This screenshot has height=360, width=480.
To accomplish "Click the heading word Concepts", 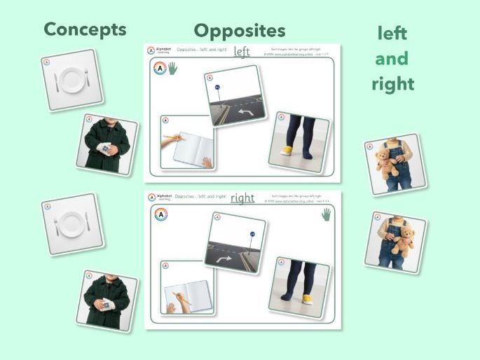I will pyautogui.click(x=85, y=29).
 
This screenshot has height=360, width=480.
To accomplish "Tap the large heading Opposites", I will pyautogui.click(x=239, y=30).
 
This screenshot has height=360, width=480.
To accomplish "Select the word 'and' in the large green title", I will pyautogui.click(x=392, y=59).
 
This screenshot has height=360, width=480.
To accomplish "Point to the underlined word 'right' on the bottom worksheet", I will pyautogui.click(x=242, y=198).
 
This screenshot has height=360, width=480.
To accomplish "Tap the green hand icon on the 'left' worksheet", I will pyautogui.click(x=172, y=69).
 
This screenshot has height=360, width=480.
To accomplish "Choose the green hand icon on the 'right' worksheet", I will pyautogui.click(x=326, y=214).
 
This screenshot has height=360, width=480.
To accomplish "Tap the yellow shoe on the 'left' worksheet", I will pyautogui.click(x=287, y=151).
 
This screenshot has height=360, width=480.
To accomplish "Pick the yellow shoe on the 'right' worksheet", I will pyautogui.click(x=306, y=299).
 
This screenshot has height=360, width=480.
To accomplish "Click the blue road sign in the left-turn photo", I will pyautogui.click(x=217, y=88).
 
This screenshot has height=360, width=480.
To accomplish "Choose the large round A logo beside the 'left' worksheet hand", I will pyautogui.click(x=160, y=69).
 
